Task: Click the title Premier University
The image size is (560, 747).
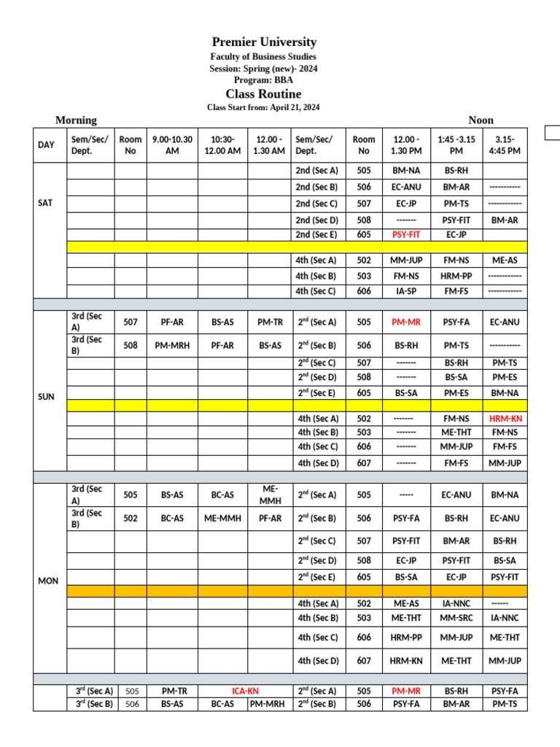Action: click(x=264, y=42)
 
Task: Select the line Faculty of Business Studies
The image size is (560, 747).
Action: click(x=263, y=57)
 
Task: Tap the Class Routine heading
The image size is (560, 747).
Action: click(x=263, y=94)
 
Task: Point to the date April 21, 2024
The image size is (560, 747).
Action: click(x=295, y=108)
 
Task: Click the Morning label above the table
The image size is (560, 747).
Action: click(x=76, y=120)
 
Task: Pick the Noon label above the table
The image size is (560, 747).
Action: click(x=481, y=120)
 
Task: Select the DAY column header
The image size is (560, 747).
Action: click(x=46, y=145)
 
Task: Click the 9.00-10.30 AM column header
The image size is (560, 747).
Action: click(x=172, y=145)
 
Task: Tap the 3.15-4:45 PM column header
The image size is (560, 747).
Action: click(x=504, y=145)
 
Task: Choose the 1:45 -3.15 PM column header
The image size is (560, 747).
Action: click(x=456, y=145)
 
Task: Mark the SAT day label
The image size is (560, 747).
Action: click(x=45, y=203)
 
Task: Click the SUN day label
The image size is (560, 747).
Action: click(x=46, y=397)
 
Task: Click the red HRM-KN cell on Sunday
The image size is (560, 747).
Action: click(x=505, y=419)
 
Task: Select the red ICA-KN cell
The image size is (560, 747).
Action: click(x=244, y=691)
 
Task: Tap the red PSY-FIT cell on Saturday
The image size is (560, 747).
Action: click(x=406, y=235)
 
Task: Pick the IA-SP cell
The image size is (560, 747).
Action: click(x=406, y=291)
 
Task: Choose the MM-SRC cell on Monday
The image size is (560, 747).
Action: click(x=456, y=618)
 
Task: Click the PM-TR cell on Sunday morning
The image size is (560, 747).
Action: click(x=270, y=321)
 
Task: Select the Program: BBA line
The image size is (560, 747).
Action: click(x=263, y=80)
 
